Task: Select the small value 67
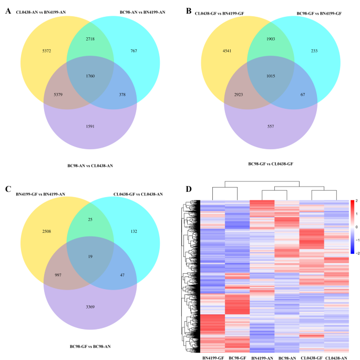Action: tap(303, 97)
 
